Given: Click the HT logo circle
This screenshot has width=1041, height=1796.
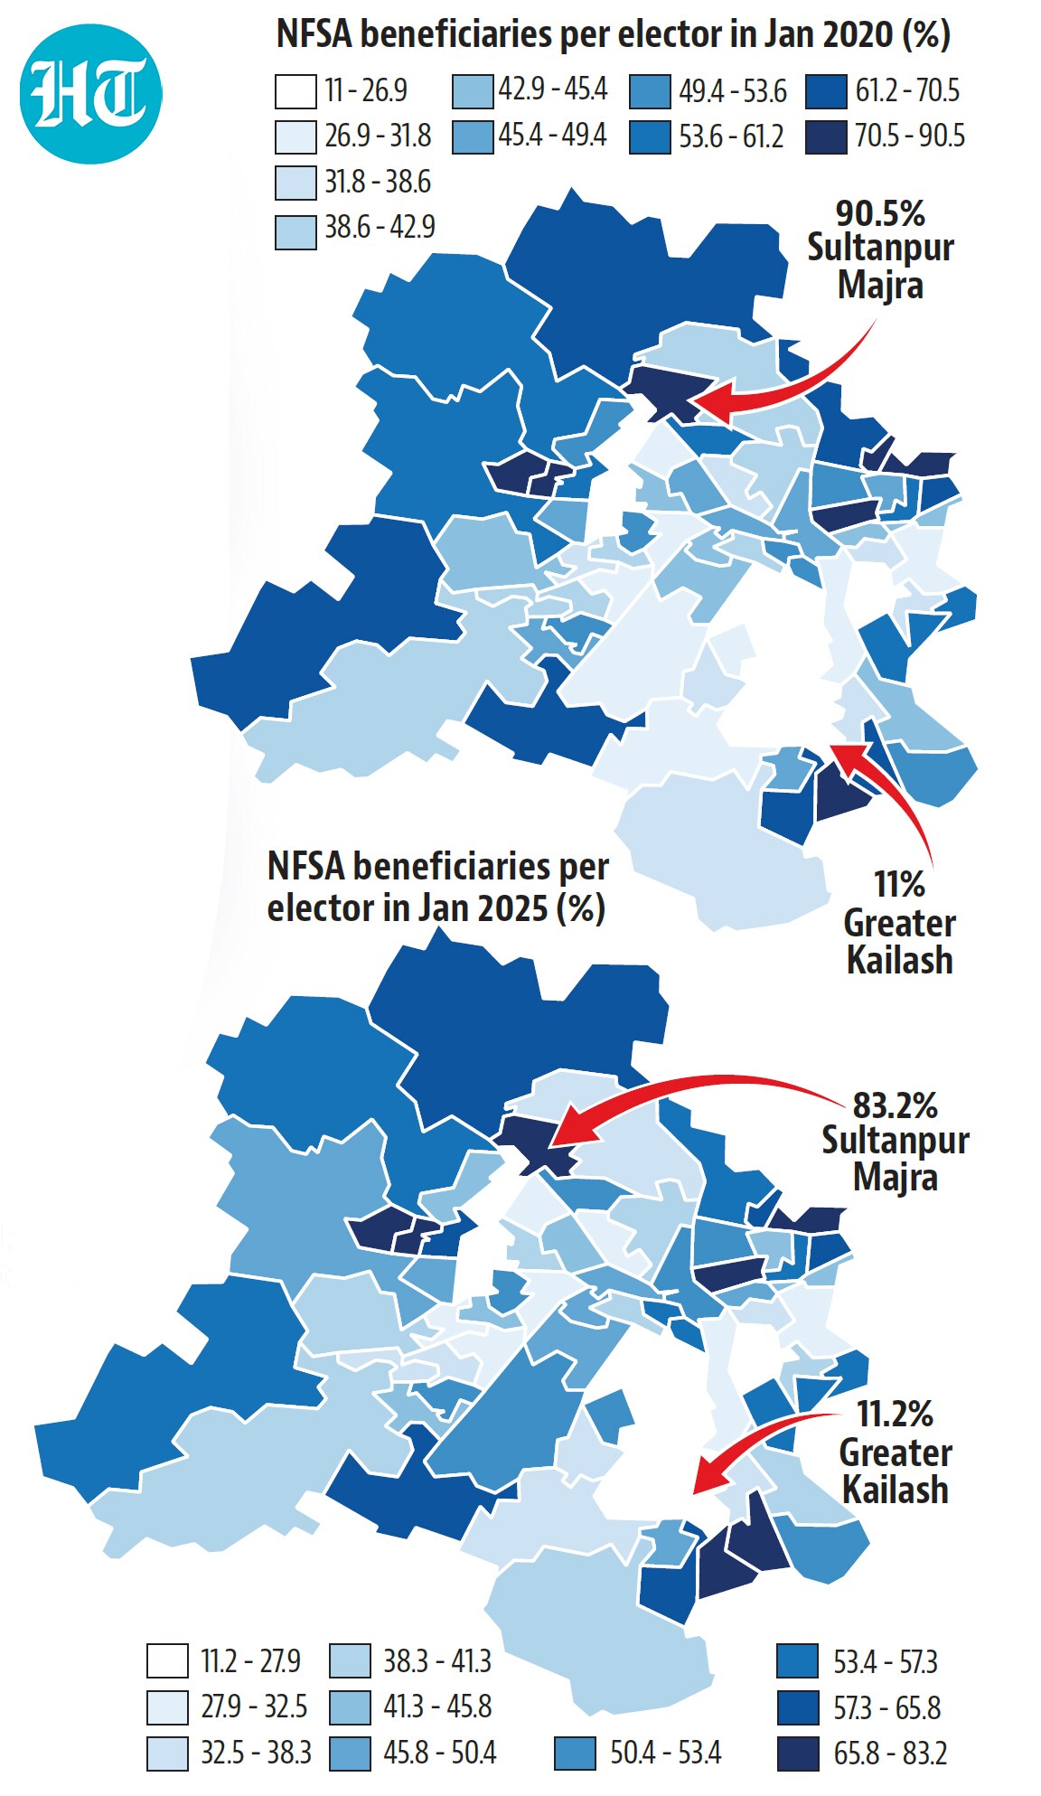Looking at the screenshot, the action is (90, 93).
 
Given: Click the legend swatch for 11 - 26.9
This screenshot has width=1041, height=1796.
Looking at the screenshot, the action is (295, 91).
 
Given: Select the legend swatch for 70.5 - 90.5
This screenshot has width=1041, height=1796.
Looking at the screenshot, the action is (826, 136).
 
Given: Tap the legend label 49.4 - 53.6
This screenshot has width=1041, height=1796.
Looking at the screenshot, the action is (733, 91).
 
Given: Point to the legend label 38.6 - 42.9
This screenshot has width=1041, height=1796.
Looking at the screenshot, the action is (380, 227).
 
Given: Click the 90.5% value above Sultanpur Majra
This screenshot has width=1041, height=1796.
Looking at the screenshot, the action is (880, 213).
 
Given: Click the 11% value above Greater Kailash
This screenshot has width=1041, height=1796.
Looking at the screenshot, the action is (899, 884).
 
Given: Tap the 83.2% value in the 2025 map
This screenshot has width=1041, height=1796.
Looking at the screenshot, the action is (896, 1105).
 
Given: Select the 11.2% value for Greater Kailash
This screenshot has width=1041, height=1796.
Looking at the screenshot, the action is (895, 1413).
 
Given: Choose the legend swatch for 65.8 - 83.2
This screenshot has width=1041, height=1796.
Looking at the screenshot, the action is (798, 1754).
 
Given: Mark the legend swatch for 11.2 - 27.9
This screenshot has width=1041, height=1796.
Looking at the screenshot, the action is (167, 1661).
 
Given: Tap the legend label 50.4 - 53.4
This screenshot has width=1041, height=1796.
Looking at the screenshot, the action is (666, 1754).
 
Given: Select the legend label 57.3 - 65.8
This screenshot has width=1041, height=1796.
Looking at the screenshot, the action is (887, 1707).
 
